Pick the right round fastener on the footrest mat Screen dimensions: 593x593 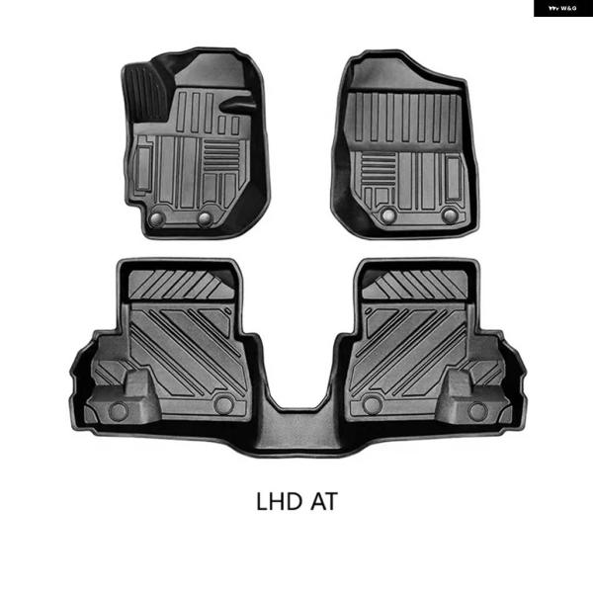coord(204,218)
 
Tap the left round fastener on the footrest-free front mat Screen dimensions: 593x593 coord(388,214)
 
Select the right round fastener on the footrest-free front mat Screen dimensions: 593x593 coord(450,214)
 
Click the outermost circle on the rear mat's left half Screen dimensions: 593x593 coord(118,409)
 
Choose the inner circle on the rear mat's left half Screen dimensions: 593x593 coord(224,404)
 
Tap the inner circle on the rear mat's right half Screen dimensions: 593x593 coord(372,404)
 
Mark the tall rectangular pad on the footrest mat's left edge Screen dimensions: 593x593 coord(144,163)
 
